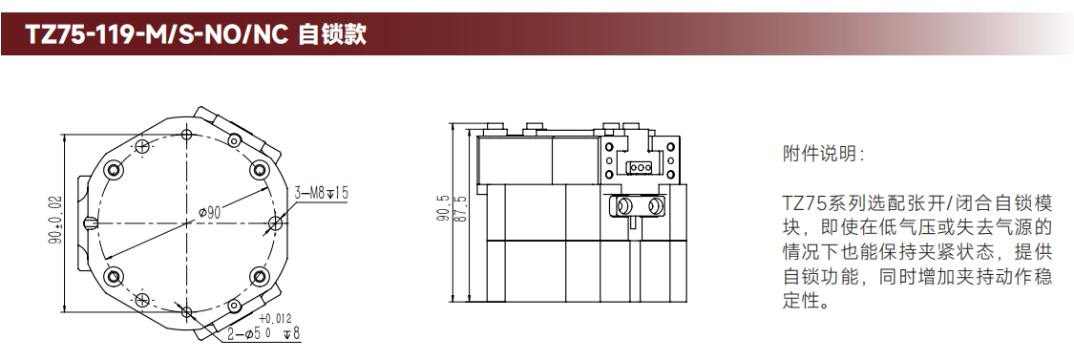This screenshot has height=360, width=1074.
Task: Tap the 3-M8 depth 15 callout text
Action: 322,193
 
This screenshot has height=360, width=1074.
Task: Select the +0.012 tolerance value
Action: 275,319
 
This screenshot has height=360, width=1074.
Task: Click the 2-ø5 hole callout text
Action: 253,334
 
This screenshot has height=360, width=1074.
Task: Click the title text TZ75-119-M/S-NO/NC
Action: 157,33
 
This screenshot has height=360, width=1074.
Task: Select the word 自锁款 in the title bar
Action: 333,33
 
